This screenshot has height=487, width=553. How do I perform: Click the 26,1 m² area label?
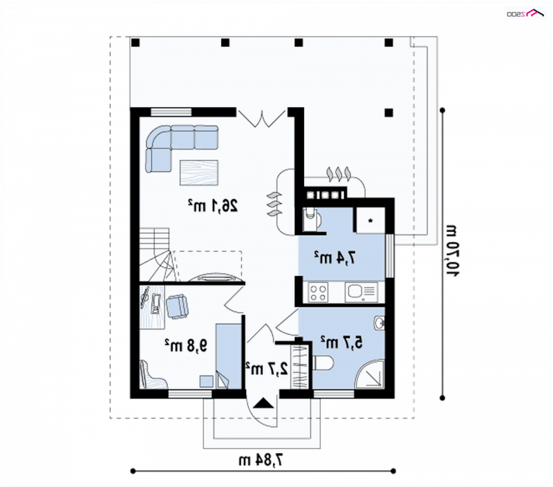click(213, 205)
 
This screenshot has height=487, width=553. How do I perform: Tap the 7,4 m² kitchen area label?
click(335, 257)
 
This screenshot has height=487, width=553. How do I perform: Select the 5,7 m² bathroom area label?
click(341, 342)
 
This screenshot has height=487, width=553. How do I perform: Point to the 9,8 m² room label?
click(186, 345)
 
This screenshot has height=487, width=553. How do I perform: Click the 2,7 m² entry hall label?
click(267, 369)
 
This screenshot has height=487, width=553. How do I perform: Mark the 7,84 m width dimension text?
click(261, 460)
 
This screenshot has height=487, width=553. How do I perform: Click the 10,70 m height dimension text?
click(453, 250)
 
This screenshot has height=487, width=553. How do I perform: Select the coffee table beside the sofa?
click(199, 172)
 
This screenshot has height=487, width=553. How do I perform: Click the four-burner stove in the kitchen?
click(318, 292)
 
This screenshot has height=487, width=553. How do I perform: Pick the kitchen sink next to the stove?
click(361, 292)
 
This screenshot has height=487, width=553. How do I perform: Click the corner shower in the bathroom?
click(370, 374)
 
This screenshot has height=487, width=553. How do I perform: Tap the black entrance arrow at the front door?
click(263, 403)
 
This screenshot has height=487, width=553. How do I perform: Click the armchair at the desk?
click(177, 306)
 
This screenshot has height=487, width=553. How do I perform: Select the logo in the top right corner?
click(525, 13)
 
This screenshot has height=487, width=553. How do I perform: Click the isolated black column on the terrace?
click(388, 113)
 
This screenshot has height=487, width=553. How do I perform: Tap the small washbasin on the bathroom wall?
click(379, 323)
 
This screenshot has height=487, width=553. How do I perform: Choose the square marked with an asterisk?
click(370, 221)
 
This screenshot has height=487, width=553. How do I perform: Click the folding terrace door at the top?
click(262, 118)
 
